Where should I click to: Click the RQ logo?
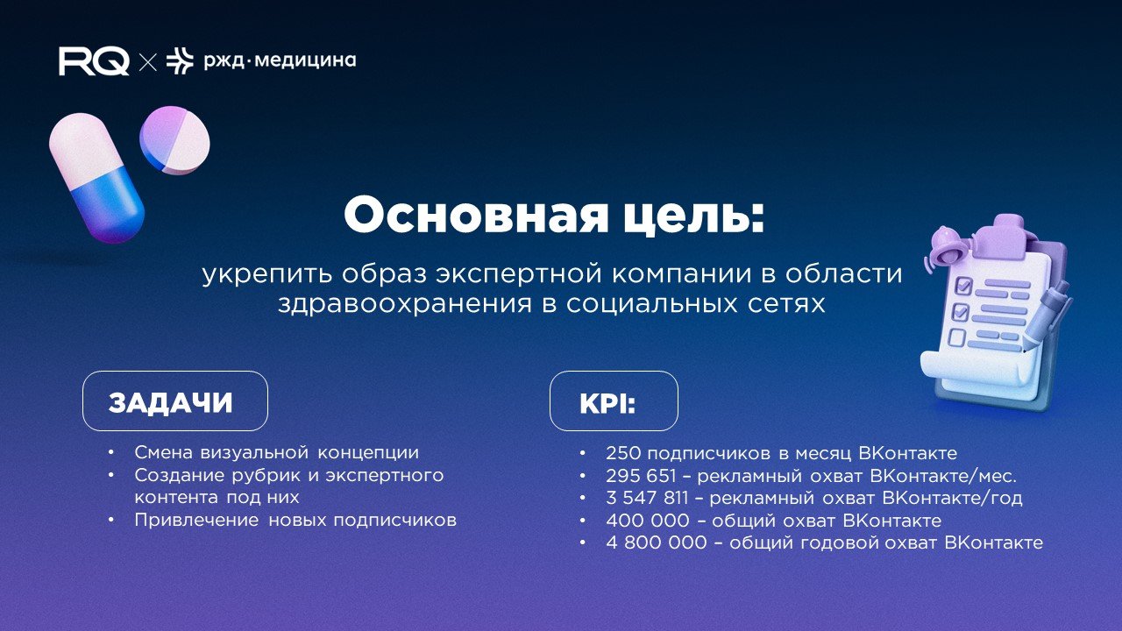tap(94, 61)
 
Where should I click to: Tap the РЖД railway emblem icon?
tap(180, 60)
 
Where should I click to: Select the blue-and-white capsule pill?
tap(96, 180)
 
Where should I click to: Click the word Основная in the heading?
tap(455, 215)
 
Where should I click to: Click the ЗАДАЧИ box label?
tap(171, 402)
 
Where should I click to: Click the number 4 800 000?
tap(656, 542)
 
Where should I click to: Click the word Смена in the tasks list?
tap(165, 453)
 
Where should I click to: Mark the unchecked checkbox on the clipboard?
tap(957, 337)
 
